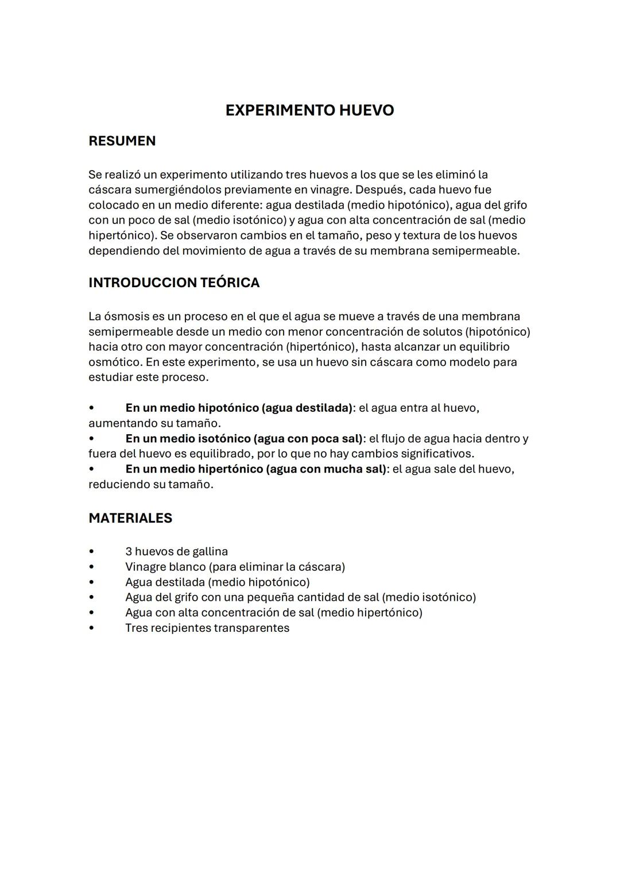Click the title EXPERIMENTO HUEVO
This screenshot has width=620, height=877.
[x=309, y=110]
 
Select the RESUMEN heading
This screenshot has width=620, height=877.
[x=122, y=141]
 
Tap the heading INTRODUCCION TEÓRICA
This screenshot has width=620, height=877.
[x=173, y=283]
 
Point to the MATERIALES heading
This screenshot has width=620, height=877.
[x=130, y=518]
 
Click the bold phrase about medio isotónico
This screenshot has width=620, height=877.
[x=244, y=439]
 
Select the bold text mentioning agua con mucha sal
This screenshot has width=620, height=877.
[x=256, y=469]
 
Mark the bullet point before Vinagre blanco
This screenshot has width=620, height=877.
[x=91, y=567]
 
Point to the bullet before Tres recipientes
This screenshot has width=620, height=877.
[x=91, y=628]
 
